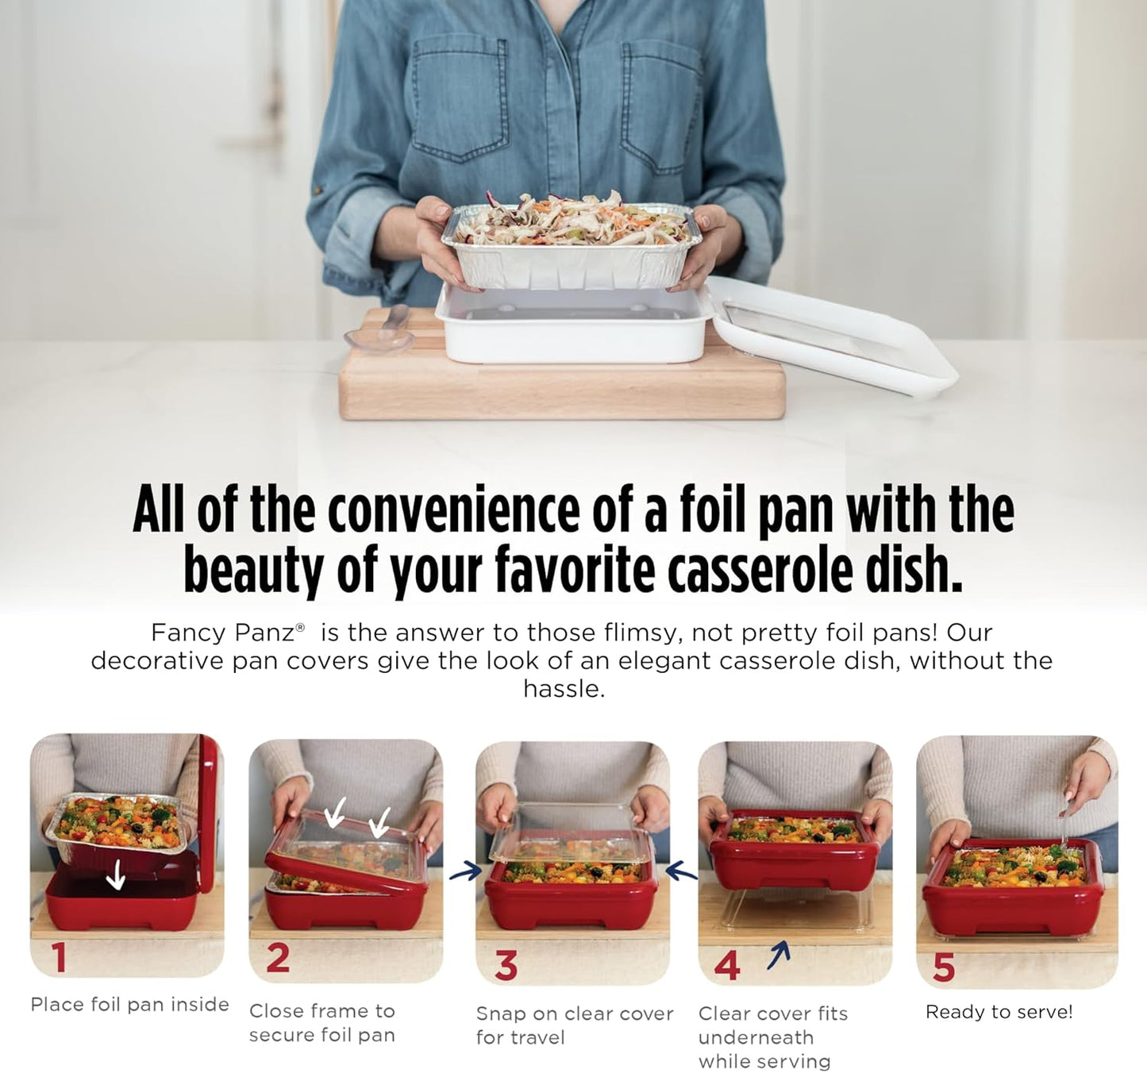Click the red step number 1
(59, 957)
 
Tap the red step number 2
(278, 959)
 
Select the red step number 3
(506, 966)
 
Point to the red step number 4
(726, 966)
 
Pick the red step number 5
(944, 967)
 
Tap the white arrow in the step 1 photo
(117, 875)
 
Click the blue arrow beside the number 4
(780, 955)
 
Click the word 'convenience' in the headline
(453, 510)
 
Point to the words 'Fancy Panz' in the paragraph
(222, 633)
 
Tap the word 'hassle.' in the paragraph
(564, 689)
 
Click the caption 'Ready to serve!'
(999, 1012)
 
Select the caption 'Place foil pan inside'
(129, 1005)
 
